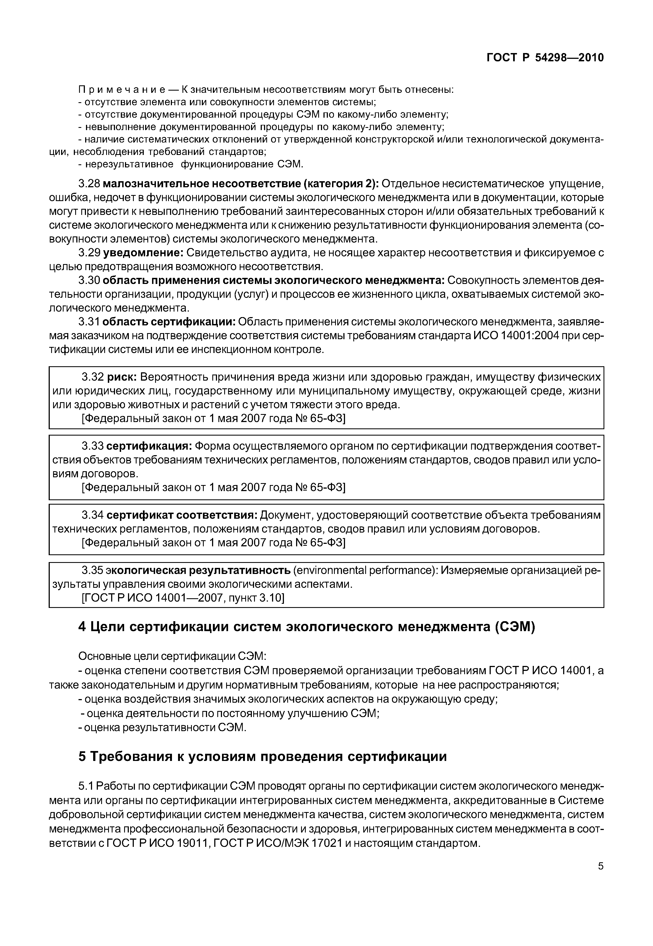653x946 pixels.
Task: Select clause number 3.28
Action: tap(89, 184)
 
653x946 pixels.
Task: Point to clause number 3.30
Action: tap(89, 280)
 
